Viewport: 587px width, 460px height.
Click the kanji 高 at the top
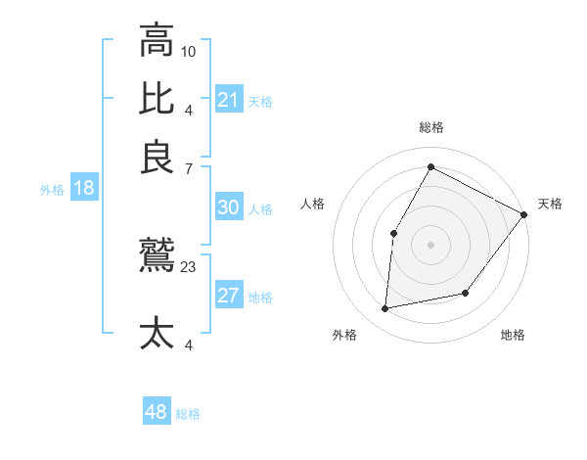pos(157,41)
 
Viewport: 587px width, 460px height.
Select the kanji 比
pos(157,99)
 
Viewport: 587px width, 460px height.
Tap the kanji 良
pos(157,157)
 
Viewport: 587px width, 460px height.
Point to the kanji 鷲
pos(157,257)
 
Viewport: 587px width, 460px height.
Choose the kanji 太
pos(157,333)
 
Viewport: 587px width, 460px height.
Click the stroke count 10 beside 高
pos(189,51)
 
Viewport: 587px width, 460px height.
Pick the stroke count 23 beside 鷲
pos(189,266)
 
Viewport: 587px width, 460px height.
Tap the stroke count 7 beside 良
pos(189,168)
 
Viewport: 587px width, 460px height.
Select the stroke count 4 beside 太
pos(189,344)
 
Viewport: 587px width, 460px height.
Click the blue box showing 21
pos(228,99)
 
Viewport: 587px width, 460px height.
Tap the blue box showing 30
pos(228,207)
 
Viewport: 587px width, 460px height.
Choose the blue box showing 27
pos(228,297)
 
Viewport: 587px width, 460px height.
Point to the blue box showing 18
pos(84,189)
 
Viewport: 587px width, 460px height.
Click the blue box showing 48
pos(157,412)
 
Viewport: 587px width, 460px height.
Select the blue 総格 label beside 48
pos(188,414)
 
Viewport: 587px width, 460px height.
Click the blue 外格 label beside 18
pos(52,190)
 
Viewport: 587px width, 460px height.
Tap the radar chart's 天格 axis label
pos(550,204)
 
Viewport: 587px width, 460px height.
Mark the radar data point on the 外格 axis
pos(385,309)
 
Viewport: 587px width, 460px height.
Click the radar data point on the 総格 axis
pos(430,166)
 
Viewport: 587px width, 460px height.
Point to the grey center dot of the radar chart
pos(430,244)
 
